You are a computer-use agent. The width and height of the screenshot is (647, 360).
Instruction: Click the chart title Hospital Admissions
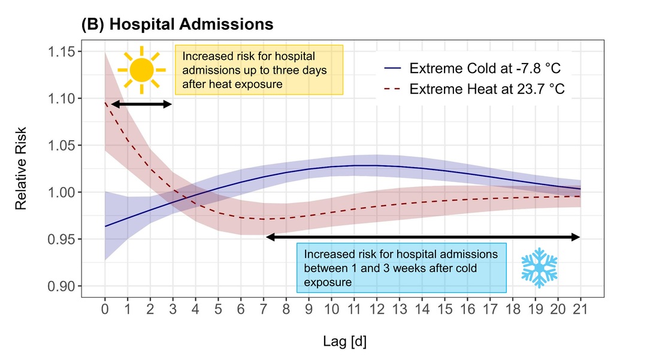pos(177,25)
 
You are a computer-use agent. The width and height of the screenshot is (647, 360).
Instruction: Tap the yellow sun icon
pos(141,70)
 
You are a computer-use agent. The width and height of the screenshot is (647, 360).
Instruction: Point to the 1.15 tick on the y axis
pos(66,52)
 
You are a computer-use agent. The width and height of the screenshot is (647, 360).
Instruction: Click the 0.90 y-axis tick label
pos(66,286)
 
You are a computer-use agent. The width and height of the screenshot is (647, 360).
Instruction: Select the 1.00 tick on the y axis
pos(66,192)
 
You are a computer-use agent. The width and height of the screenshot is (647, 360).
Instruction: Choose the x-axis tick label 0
pos(105,311)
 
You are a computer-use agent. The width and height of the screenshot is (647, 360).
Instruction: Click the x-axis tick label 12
pos(376,311)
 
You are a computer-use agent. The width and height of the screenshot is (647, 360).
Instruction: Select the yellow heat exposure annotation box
pos(259,69)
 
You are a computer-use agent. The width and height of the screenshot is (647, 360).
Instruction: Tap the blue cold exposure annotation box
pos(401,268)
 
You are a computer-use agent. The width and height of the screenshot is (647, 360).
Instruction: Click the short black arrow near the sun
pos(141,104)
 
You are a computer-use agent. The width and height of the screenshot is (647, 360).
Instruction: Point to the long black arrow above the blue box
pos(423,237)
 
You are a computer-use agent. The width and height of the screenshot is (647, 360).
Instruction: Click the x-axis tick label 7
pos(264,311)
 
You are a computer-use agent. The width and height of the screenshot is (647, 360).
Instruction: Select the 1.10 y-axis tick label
pos(66,99)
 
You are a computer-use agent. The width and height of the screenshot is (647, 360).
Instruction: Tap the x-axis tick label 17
pos(490,311)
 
